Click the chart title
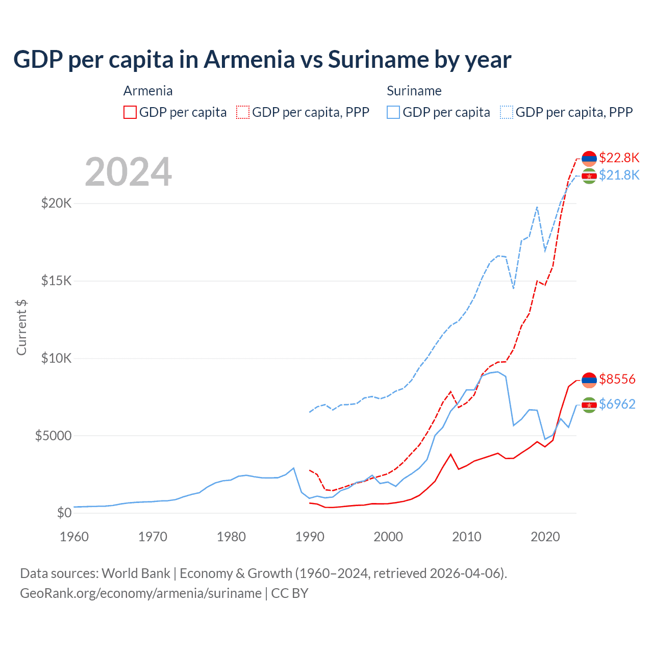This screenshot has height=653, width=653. (x=262, y=60)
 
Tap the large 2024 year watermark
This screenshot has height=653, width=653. (x=128, y=172)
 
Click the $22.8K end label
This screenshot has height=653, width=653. (x=619, y=157)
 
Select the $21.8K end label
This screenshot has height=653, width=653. (x=619, y=175)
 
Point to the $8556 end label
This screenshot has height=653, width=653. (x=617, y=379)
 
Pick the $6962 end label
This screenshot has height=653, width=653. (x=617, y=404)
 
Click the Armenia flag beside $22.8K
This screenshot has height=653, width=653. (x=589, y=159)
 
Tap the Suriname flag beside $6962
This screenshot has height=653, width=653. (x=589, y=405)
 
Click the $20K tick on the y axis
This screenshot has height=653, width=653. (x=56, y=203)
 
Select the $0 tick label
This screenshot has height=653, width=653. (x=64, y=513)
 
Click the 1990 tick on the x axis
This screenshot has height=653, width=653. (x=310, y=537)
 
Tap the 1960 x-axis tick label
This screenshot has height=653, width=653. (x=74, y=537)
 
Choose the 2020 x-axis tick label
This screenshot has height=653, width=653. (x=545, y=537)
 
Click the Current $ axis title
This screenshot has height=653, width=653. (x=21, y=327)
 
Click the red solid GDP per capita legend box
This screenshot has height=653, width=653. (x=130, y=112)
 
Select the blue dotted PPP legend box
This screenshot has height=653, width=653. (x=507, y=112)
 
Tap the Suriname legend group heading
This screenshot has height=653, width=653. (x=414, y=91)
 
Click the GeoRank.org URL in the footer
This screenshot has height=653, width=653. (x=141, y=593)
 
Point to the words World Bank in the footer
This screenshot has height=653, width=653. (x=136, y=573)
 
